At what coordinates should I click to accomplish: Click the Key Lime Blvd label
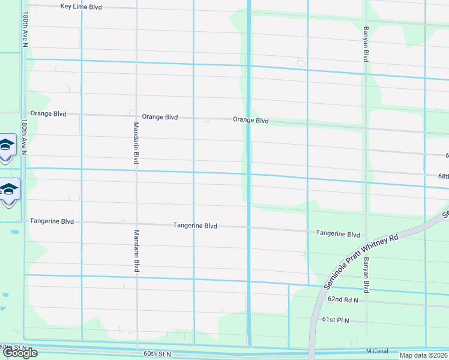click(81, 7)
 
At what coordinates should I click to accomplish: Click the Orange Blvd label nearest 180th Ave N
click(48, 113)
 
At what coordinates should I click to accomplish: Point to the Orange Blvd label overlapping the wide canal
click(250, 121)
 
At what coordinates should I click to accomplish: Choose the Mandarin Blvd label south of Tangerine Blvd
click(136, 251)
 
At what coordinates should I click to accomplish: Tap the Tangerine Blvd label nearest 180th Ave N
click(52, 221)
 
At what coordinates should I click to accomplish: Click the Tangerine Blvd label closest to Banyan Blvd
click(337, 235)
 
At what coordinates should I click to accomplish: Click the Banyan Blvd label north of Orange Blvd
click(365, 43)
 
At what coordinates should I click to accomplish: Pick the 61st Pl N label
click(336, 321)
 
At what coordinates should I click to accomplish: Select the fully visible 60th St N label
click(157, 354)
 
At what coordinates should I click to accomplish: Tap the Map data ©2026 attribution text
click(423, 355)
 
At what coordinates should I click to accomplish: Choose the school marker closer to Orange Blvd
click(7, 146)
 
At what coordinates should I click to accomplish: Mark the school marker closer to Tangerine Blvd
click(10, 190)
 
